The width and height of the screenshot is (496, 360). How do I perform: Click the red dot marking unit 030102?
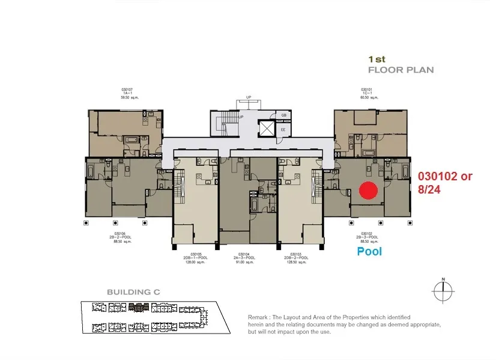point(367,191)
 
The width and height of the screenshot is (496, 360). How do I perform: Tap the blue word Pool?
point(369,252)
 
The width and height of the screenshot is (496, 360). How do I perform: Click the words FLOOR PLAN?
point(401,70)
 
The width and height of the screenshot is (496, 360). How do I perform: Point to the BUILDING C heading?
point(133,292)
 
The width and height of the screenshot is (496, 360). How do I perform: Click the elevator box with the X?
point(265,127)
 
